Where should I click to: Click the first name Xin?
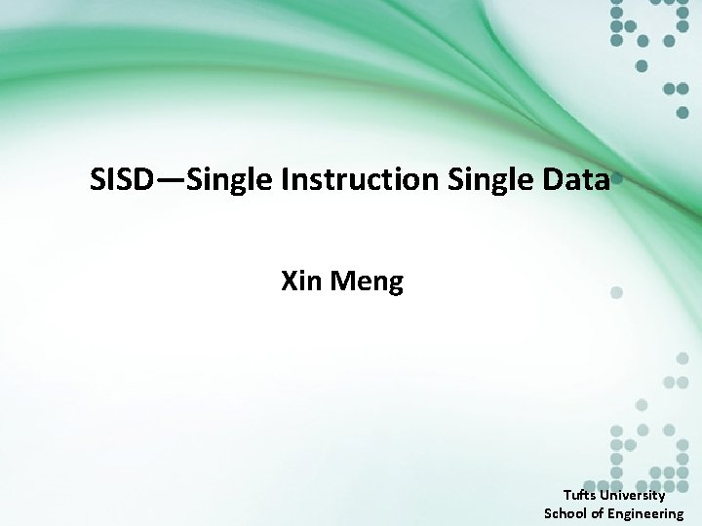tap(301, 282)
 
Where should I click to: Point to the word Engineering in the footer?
tap(646, 513)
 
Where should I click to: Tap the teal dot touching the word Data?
tap(616, 181)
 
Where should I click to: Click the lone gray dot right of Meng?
tap(616, 291)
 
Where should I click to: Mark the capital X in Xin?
tap(290, 282)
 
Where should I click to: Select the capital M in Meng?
tap(341, 282)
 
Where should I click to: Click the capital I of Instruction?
tap(285, 179)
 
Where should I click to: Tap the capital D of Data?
tap(556, 179)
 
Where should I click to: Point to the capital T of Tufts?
tap(566, 495)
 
